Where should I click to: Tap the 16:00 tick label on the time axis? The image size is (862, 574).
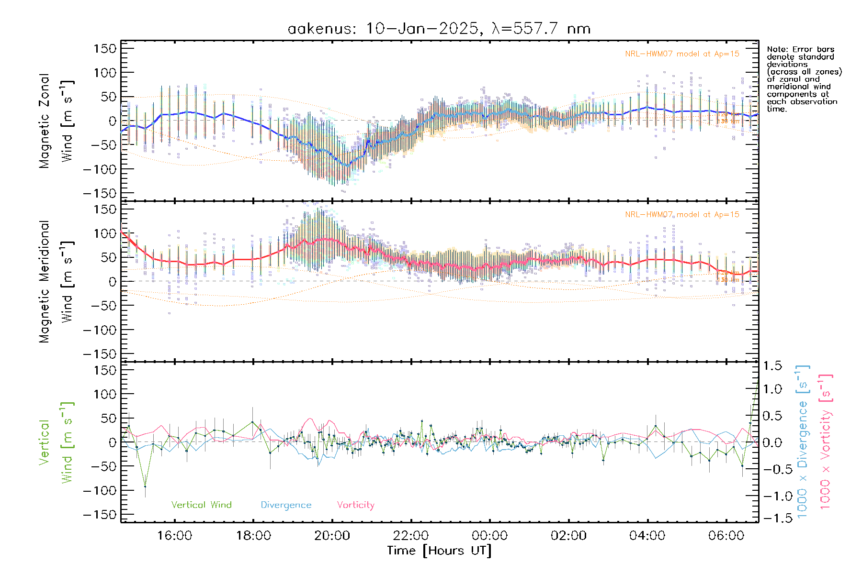[x=174, y=536]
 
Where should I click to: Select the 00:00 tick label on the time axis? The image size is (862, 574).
[x=489, y=536]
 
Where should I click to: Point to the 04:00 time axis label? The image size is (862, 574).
[x=647, y=536]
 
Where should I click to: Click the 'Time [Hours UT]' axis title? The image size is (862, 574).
[x=439, y=551]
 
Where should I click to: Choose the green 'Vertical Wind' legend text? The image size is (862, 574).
[x=201, y=505]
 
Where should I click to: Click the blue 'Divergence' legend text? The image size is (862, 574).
[x=286, y=505]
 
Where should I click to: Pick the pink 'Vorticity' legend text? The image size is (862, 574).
[x=355, y=505]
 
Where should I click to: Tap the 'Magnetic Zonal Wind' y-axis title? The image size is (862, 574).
[x=56, y=121]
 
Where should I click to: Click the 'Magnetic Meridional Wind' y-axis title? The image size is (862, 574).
[x=56, y=282]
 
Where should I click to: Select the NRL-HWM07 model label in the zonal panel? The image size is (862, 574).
[x=682, y=54]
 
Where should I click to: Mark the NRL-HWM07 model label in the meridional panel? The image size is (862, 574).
[x=682, y=215]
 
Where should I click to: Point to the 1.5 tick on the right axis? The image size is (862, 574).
[x=772, y=366]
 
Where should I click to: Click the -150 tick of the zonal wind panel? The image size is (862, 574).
[x=100, y=193]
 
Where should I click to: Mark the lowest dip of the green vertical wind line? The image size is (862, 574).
[x=145, y=486]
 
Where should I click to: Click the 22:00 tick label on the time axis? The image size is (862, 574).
[x=411, y=536]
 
